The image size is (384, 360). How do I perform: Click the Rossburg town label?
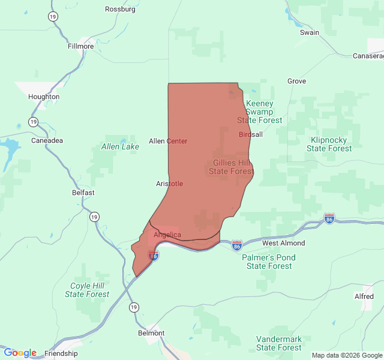120,9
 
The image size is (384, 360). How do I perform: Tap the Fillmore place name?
80,46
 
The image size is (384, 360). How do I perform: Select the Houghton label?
44,97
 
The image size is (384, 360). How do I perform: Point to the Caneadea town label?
46,140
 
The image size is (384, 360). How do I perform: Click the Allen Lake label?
120,146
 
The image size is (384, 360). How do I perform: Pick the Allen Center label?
168,141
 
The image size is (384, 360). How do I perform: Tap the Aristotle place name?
169,184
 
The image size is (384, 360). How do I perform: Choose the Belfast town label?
83,193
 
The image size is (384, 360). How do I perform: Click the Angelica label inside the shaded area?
167,235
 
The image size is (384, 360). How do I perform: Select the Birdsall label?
251,134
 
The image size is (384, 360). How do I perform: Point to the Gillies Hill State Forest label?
231,167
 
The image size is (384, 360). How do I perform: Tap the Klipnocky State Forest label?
328,144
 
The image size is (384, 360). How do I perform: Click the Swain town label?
310,32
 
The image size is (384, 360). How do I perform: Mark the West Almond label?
283,243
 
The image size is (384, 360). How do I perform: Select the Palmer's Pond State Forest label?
269,262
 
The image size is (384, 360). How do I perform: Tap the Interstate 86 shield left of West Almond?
237,245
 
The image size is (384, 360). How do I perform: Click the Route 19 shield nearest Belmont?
133,307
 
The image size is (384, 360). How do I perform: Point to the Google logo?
20,353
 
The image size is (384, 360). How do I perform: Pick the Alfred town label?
364,296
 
